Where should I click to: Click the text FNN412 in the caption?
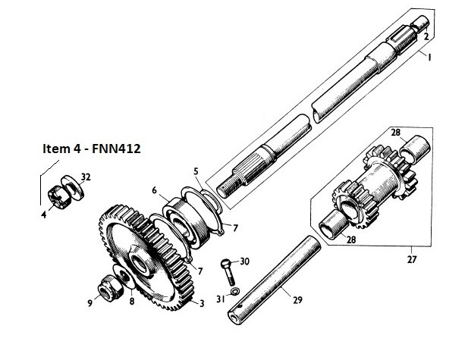pyautogui.click(x=115, y=149)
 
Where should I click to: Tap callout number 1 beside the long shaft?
pyautogui.click(x=429, y=58)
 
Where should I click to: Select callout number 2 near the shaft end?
pyautogui.click(x=426, y=36)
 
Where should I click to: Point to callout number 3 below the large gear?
pyautogui.click(x=201, y=304)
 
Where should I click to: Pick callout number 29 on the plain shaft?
pyautogui.click(x=297, y=300)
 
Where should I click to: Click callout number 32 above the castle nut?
pyautogui.click(x=86, y=177)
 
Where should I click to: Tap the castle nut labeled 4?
pyautogui.click(x=57, y=196)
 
